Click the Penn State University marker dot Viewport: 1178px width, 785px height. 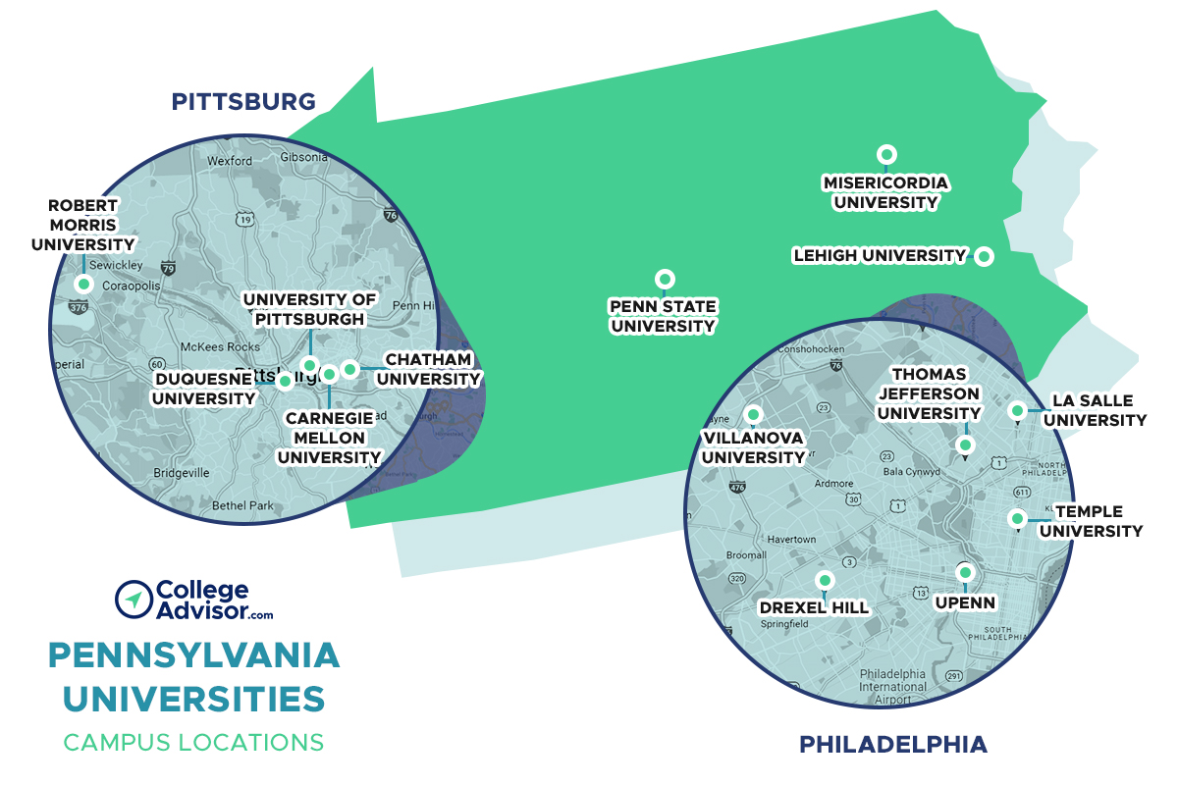click(x=666, y=279)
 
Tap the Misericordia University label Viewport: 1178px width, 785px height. click(x=885, y=192)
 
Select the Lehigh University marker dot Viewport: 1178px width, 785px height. click(x=983, y=257)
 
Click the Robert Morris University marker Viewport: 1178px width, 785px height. click(x=84, y=285)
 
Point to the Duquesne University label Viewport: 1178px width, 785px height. click(x=203, y=388)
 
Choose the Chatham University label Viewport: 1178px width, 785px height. click(x=428, y=369)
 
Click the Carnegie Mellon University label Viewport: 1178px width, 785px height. click(x=329, y=438)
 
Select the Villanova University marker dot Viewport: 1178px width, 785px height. click(x=754, y=414)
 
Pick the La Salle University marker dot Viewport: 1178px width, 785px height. click(x=1018, y=410)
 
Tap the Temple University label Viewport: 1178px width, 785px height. click(x=1091, y=521)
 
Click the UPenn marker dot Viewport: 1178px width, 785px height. click(x=965, y=572)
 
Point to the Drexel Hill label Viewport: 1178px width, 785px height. click(x=814, y=607)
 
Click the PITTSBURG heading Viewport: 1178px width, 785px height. click(x=243, y=101)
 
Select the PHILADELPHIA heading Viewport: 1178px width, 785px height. click(x=892, y=744)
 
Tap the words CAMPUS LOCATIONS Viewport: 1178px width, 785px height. click(x=193, y=742)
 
